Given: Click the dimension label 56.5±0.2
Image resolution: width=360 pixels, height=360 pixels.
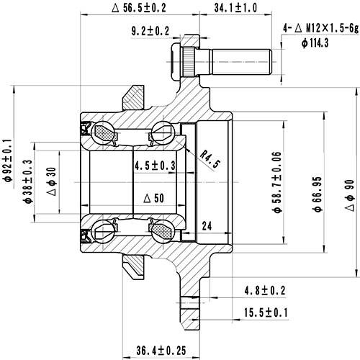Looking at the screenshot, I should coord(140,8).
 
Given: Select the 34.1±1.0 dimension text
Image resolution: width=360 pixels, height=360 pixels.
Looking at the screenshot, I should coord(236,8).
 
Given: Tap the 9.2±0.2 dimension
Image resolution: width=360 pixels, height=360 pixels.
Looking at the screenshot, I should coord(150,30).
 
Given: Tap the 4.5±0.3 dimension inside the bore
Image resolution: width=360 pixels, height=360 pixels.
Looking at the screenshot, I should coord(155,166).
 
